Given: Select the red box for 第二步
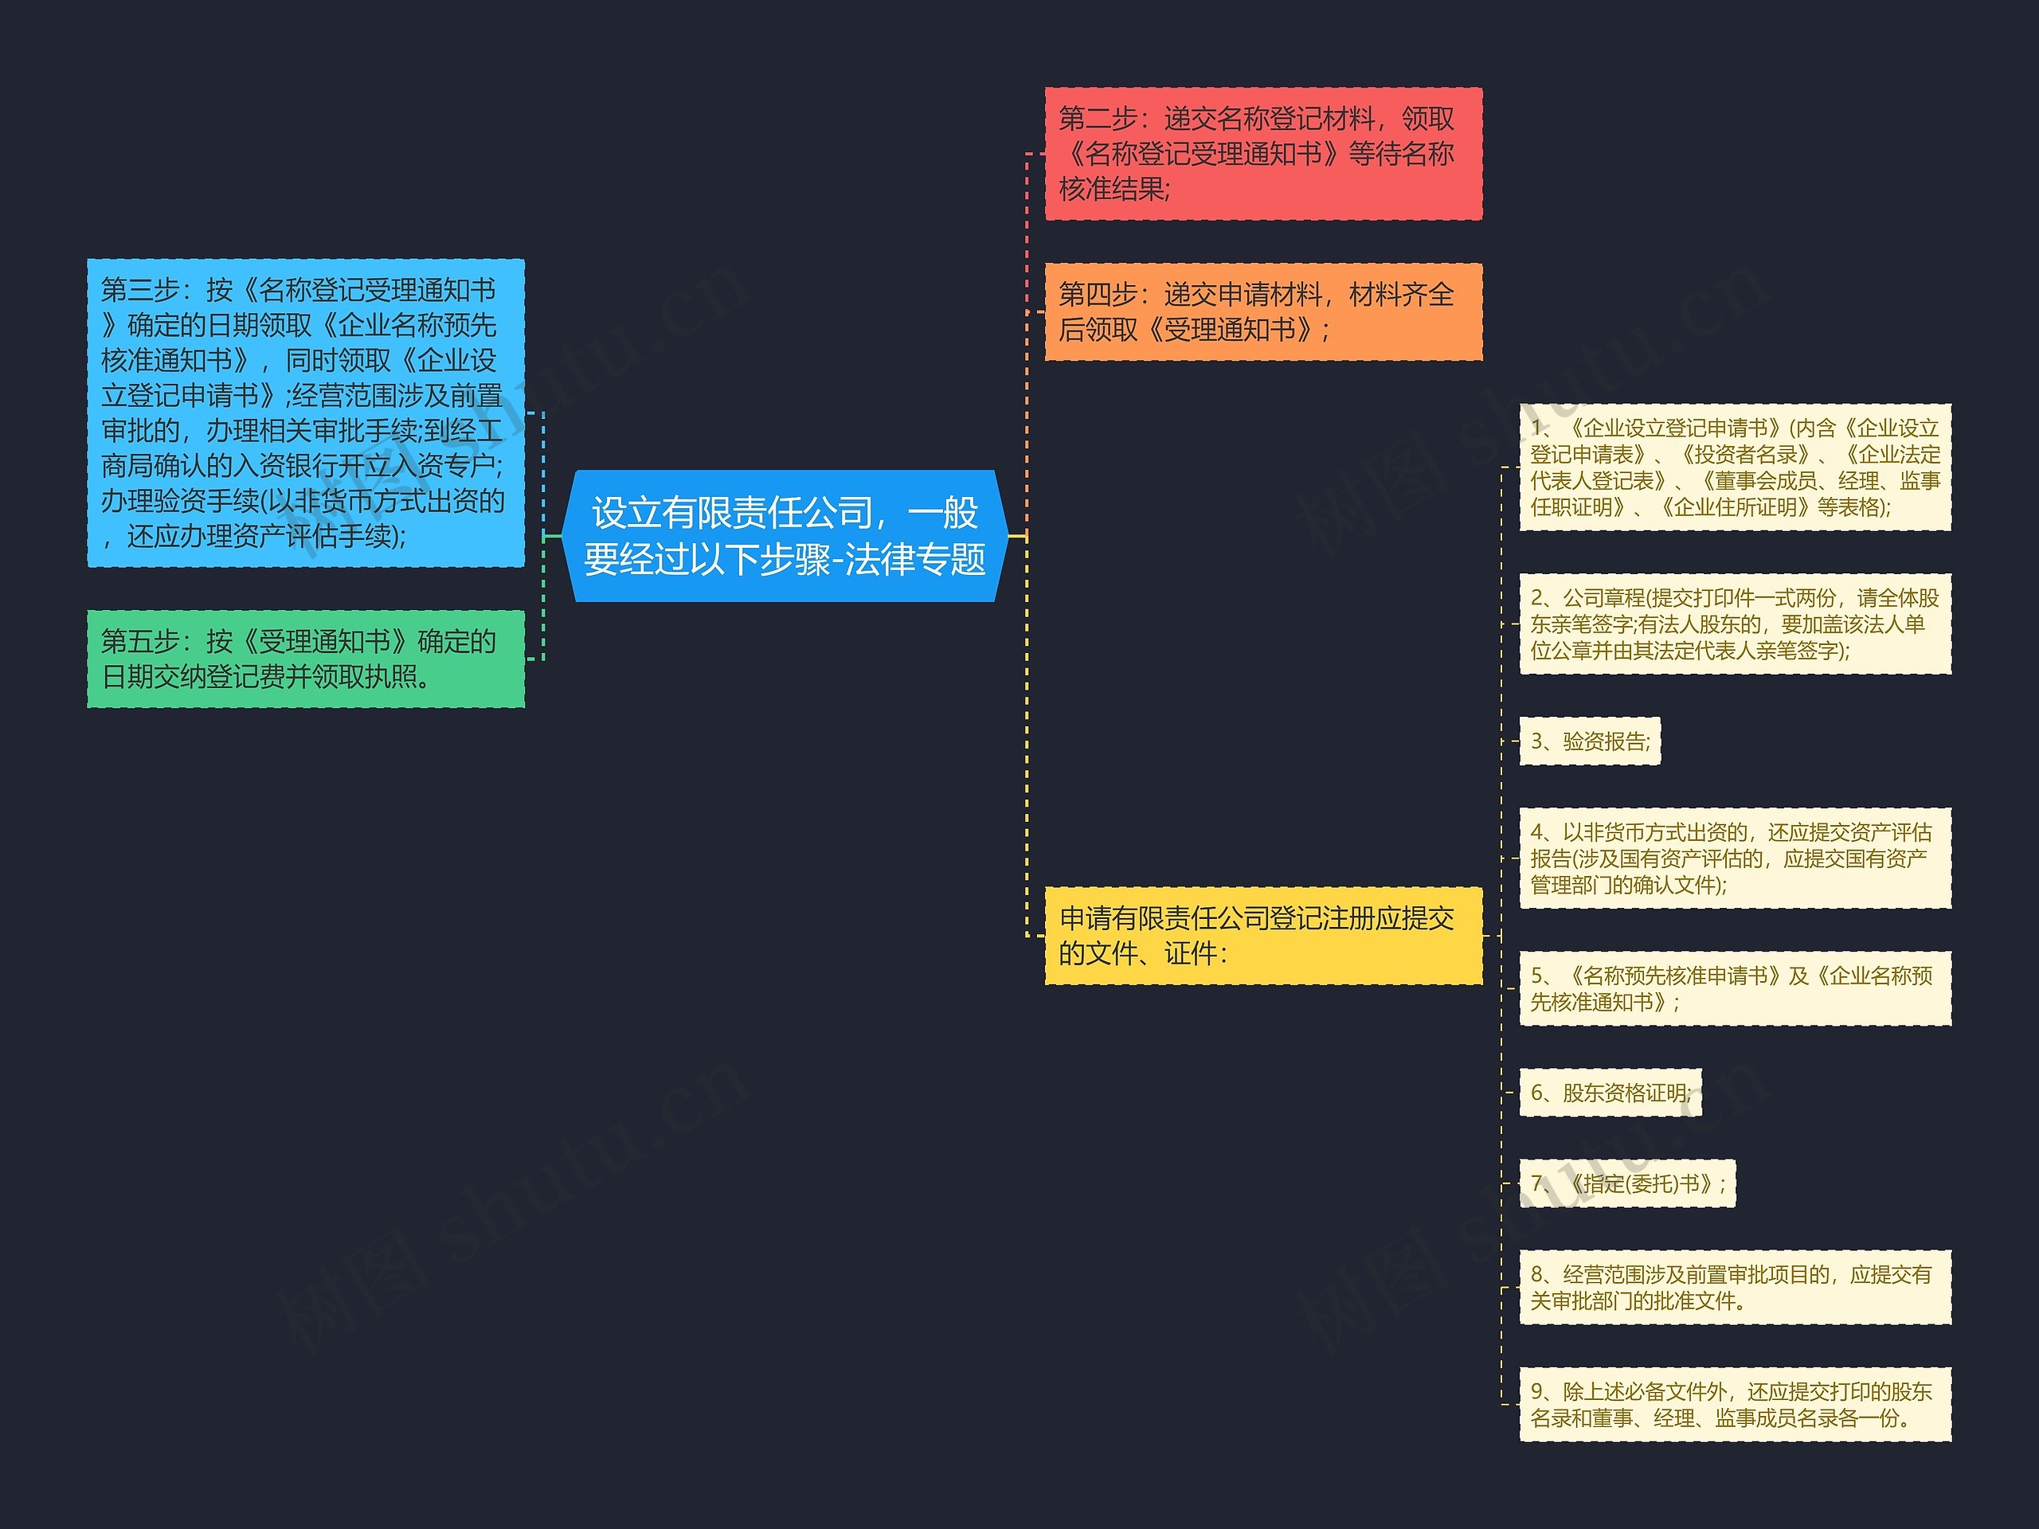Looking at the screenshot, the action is (1263, 154).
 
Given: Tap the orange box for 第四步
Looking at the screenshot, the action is (1263, 311).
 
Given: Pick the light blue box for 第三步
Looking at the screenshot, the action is (305, 413).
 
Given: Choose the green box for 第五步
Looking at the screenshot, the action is (305, 659).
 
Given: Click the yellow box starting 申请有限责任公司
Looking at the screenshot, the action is (1263, 936).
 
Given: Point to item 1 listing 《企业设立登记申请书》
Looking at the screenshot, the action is (1735, 467).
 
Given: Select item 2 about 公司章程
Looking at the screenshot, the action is (1735, 624).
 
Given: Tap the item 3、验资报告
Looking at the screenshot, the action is (1589, 741).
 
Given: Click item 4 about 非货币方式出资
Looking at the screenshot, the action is (1735, 858).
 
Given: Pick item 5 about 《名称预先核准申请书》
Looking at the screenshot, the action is (1735, 988).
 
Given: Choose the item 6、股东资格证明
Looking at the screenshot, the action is (1610, 1093).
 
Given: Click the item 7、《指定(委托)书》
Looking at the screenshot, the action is (1627, 1183).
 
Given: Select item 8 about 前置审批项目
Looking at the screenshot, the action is (1735, 1288).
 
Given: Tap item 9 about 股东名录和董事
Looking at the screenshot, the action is (1735, 1405).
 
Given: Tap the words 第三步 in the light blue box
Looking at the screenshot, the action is (139, 291).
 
